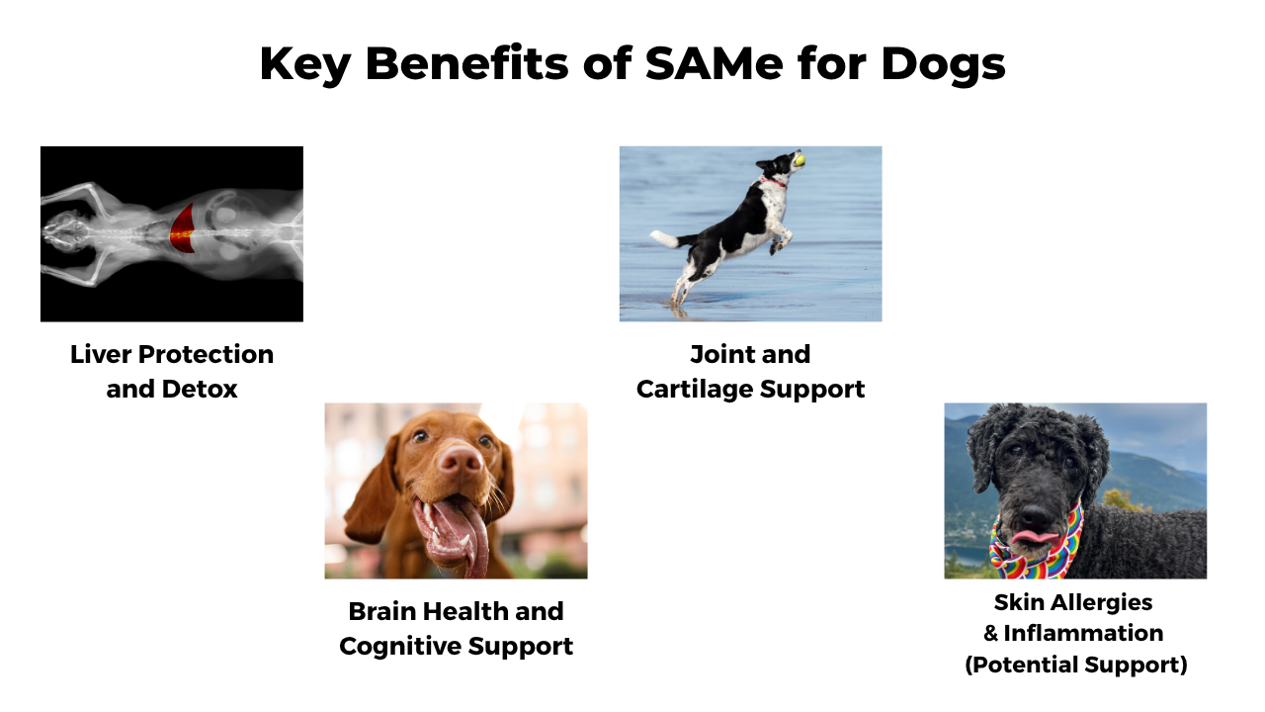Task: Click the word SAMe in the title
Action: pyautogui.click(x=714, y=63)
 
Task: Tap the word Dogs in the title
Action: pyautogui.click(x=943, y=65)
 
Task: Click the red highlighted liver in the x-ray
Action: pyautogui.click(x=183, y=228)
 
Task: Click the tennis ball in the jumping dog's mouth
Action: pyautogui.click(x=800, y=160)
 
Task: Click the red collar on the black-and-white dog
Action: pyautogui.click(x=774, y=183)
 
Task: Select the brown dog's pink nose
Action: pyautogui.click(x=461, y=460)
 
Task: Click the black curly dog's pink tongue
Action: pyautogui.click(x=1035, y=536)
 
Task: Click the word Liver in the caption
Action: pyautogui.click(x=101, y=355)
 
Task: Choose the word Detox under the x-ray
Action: pyautogui.click(x=200, y=390)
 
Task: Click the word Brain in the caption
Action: pyautogui.click(x=381, y=611)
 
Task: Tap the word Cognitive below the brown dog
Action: pyautogui.click(x=400, y=647)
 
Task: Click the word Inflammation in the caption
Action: pyautogui.click(x=1083, y=634)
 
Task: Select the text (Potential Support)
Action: pyautogui.click(x=1076, y=666)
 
